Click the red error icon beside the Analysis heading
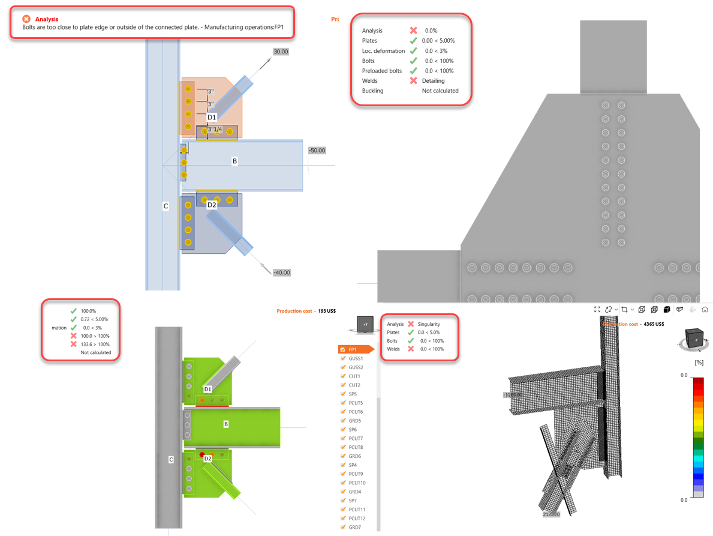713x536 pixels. tap(26, 19)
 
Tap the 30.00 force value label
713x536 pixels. tap(281, 52)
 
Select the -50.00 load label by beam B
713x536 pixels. tap(317, 150)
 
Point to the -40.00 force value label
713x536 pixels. tap(281, 273)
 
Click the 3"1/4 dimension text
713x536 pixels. tap(215, 129)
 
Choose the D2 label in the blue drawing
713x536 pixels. tap(212, 205)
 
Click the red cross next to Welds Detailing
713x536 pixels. tap(413, 80)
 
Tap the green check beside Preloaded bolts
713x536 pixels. tap(413, 71)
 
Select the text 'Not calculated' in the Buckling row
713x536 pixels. tap(440, 91)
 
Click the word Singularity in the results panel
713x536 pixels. tap(429, 324)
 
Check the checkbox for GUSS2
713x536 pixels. tap(343, 367)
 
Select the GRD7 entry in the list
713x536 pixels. tap(355, 527)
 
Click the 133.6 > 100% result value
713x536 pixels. tap(95, 345)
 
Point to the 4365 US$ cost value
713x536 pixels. tap(654, 324)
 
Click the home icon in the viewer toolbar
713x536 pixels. tap(705, 310)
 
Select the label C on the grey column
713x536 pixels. tap(171, 459)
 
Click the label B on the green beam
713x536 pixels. tap(226, 424)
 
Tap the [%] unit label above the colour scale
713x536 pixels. tap(699, 363)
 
